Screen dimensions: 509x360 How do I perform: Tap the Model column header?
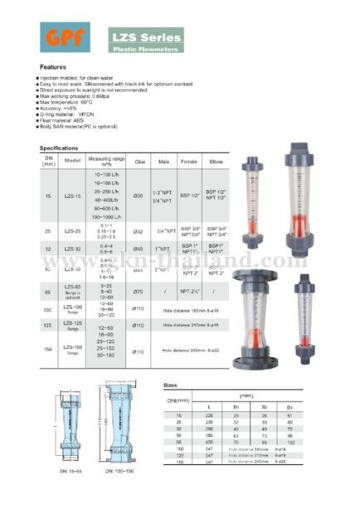(x=71, y=161)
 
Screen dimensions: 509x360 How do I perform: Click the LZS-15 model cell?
(x=71, y=195)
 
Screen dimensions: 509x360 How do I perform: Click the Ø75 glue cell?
(x=139, y=292)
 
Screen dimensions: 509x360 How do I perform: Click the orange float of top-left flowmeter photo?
(x=251, y=212)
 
